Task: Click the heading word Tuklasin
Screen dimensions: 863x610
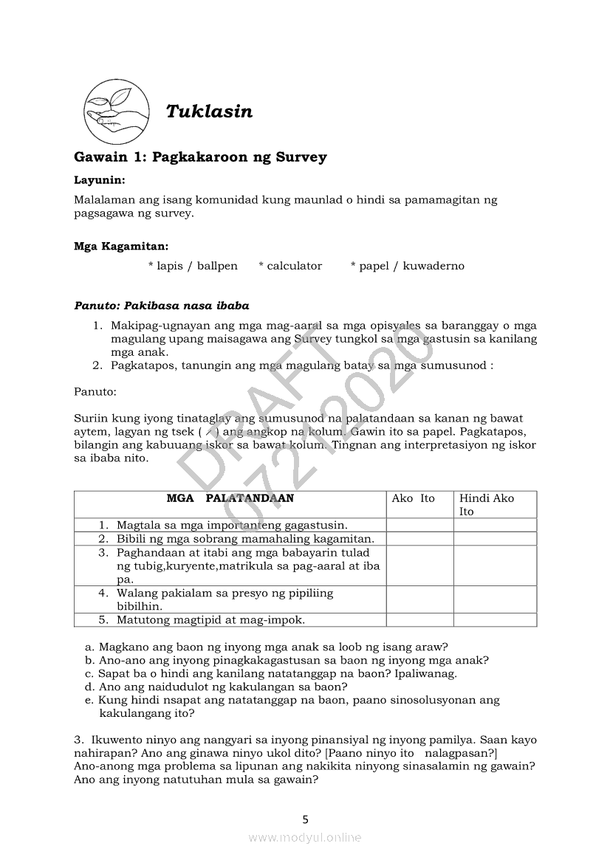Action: (x=209, y=111)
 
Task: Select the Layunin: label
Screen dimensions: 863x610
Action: (x=99, y=179)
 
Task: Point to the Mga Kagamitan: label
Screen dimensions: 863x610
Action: (x=121, y=246)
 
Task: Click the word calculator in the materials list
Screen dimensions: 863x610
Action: (x=290, y=266)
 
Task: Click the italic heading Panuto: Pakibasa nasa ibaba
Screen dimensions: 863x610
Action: (x=162, y=306)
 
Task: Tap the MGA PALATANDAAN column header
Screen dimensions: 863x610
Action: (x=230, y=498)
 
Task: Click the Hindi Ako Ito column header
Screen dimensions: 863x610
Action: (x=487, y=504)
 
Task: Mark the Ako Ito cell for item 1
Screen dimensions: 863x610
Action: (x=419, y=525)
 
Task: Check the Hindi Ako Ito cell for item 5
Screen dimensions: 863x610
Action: (x=495, y=619)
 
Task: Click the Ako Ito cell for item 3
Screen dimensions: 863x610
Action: (x=419, y=565)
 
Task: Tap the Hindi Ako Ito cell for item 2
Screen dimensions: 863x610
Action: (x=495, y=539)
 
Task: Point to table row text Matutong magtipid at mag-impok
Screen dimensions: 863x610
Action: (x=210, y=619)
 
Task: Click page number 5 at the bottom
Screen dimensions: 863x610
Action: (x=305, y=819)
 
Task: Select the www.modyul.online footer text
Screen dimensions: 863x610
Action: (x=305, y=837)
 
